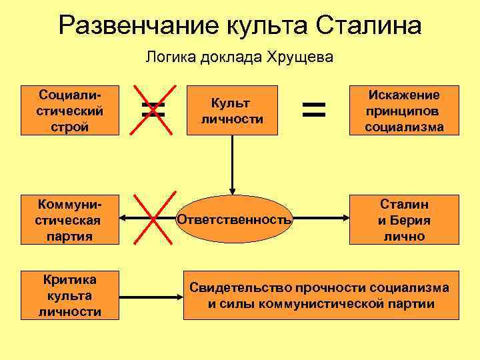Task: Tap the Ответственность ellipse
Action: [233, 219]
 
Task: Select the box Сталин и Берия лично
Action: [405, 219]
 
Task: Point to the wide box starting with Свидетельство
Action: [321, 295]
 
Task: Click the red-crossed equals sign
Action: [153, 109]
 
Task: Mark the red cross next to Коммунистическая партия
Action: [153, 219]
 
